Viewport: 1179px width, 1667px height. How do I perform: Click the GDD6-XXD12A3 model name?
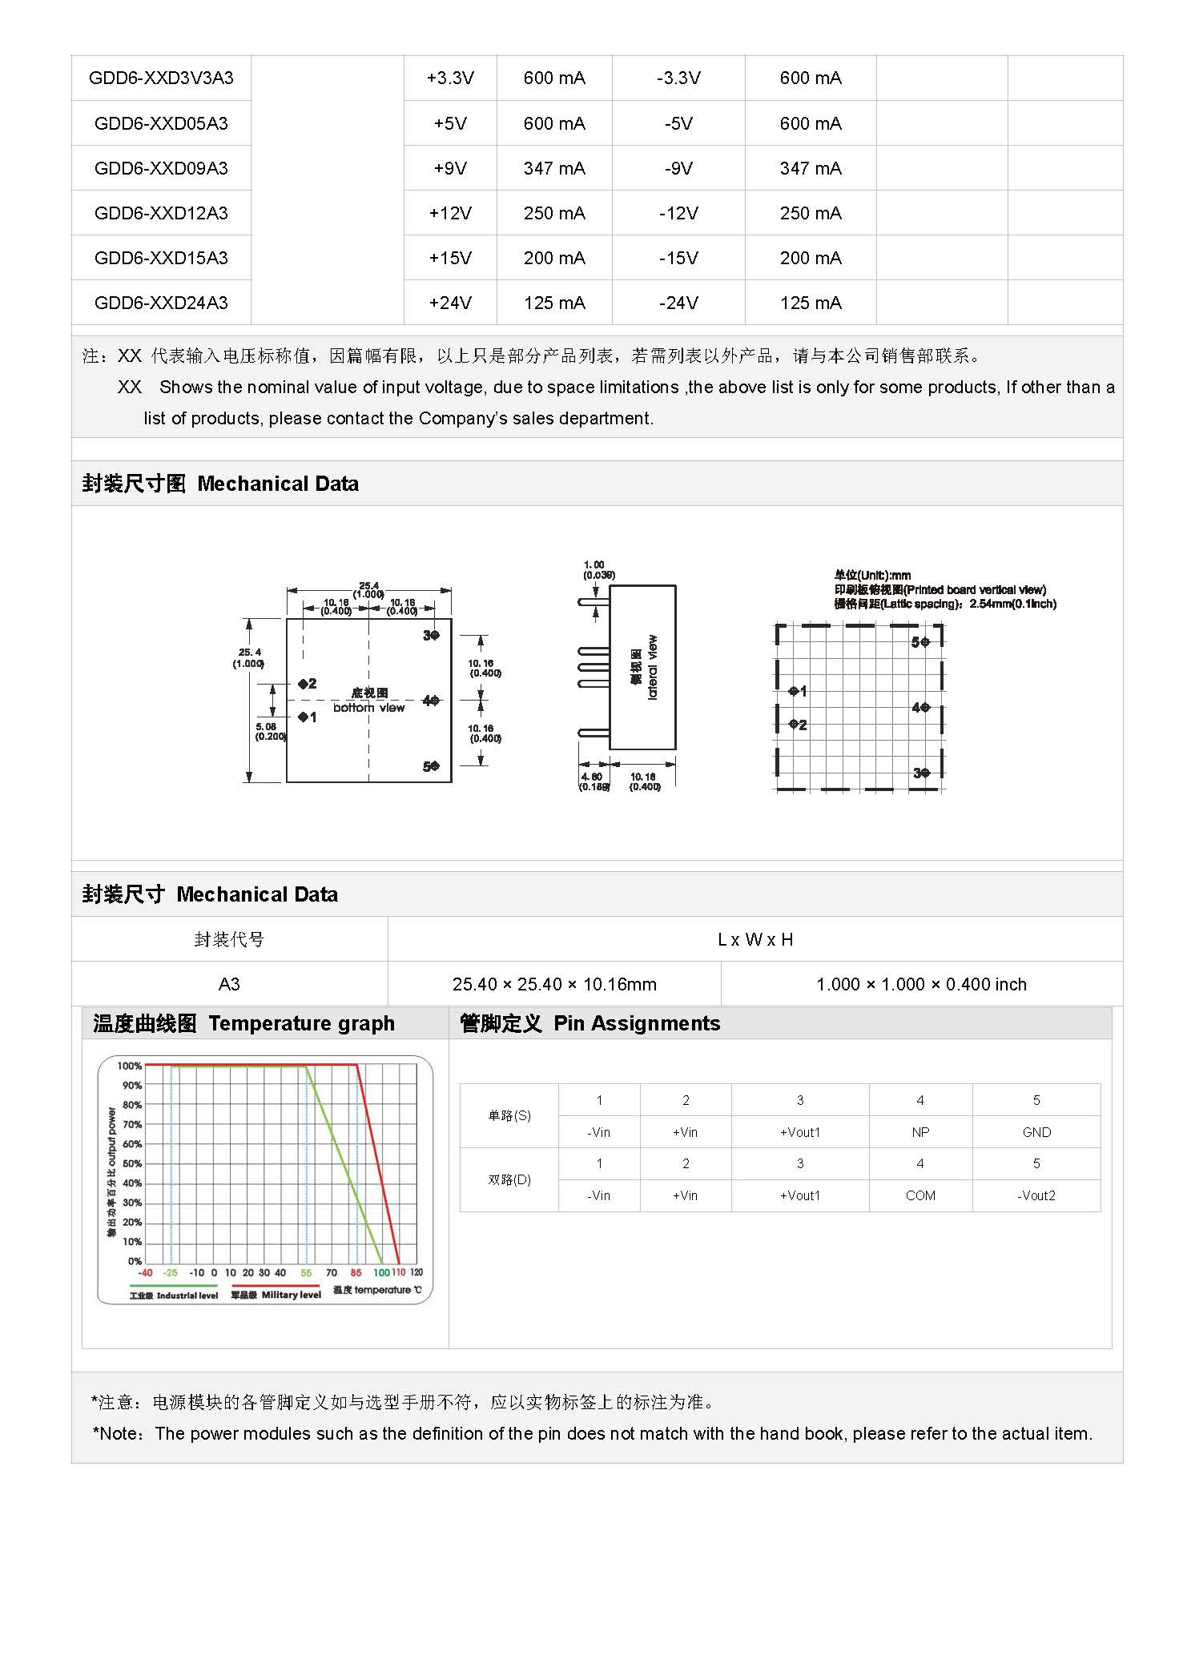(x=161, y=213)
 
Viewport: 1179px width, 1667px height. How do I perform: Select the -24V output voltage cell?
(x=678, y=303)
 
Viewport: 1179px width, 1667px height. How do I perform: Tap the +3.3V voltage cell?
(x=450, y=78)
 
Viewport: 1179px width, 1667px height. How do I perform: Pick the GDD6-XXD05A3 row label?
(x=161, y=123)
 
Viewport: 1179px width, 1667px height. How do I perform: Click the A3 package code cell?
(x=229, y=984)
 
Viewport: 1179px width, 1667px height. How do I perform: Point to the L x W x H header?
(x=755, y=939)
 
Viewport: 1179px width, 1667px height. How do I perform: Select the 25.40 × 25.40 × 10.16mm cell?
(x=554, y=984)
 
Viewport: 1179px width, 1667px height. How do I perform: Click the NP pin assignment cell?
(x=920, y=1132)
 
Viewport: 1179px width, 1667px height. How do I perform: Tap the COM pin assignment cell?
(x=920, y=1195)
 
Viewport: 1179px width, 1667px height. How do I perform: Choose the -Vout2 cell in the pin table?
(x=1036, y=1195)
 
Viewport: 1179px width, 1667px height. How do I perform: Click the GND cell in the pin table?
(x=1036, y=1132)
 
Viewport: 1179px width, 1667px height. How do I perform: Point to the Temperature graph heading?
(x=244, y=1023)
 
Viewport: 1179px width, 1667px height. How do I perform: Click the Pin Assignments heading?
(x=589, y=1023)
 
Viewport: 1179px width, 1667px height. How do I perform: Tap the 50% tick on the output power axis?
(x=132, y=1163)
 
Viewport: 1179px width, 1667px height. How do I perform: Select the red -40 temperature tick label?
(x=145, y=1272)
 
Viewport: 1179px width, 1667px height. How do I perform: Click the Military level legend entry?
(x=276, y=1295)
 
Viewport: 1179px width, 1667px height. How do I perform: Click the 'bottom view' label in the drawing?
(x=369, y=708)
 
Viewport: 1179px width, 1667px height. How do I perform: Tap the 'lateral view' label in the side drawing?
(x=652, y=667)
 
